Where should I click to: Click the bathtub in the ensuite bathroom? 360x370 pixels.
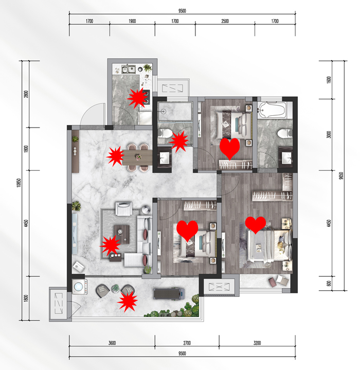(272, 110)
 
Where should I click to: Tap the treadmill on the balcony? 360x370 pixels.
(168, 294)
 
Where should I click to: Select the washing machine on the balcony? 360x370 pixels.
(79, 287)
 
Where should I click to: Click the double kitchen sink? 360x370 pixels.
(129, 69)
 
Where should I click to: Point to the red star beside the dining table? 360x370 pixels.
(115, 156)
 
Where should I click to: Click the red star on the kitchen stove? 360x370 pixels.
(136, 98)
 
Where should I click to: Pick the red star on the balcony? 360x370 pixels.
(128, 302)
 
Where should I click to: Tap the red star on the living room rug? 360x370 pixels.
(110, 245)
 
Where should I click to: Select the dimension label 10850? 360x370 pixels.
(19, 183)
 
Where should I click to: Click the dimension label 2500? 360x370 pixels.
(225, 21)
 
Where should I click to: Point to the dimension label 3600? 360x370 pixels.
(112, 343)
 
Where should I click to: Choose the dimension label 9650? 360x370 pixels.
(341, 176)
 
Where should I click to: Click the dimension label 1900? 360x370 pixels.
(132, 21)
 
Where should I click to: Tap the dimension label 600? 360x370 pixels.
(329, 284)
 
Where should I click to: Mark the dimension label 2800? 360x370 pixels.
(26, 94)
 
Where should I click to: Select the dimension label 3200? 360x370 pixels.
(257, 343)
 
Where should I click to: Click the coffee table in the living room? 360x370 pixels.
(122, 234)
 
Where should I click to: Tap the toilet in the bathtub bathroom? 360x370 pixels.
(285, 133)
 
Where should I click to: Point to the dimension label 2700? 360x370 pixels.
(187, 343)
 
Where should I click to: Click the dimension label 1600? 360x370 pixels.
(329, 80)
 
